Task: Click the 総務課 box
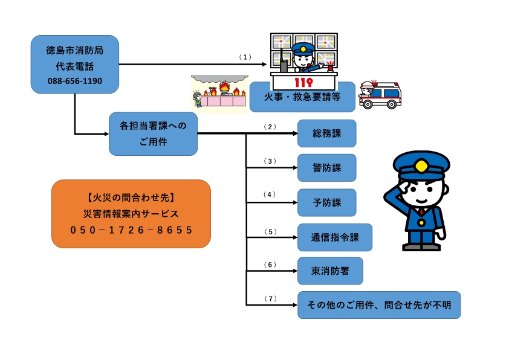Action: (326, 133)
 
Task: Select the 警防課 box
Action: (326, 167)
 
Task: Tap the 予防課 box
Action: (326, 202)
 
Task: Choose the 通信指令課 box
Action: (334, 237)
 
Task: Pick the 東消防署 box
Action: (330, 271)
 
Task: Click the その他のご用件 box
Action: (379, 305)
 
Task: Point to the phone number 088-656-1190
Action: (74, 80)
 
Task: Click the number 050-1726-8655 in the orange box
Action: (131, 230)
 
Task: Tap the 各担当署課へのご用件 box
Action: (153, 133)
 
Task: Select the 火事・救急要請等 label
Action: (302, 97)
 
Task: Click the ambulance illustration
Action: (380, 95)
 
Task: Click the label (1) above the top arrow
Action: (244, 57)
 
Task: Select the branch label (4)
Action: (270, 194)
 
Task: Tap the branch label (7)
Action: (270, 298)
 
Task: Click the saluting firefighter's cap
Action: (421, 163)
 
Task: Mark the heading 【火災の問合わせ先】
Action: (131, 198)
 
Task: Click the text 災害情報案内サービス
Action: (131, 213)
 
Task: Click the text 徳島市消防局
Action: (74, 50)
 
